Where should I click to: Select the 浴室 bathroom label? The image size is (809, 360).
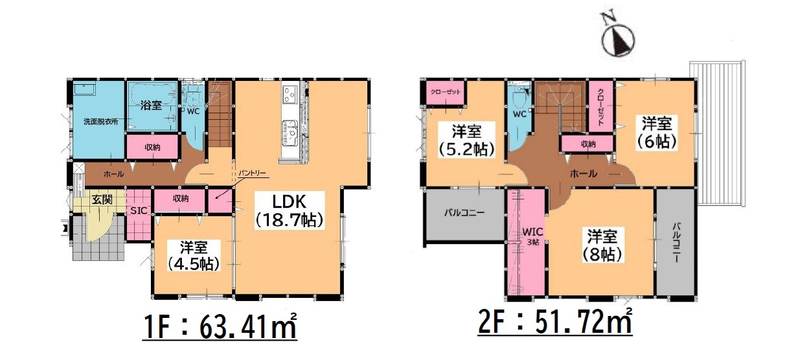151,106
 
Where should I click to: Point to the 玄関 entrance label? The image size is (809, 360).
101,199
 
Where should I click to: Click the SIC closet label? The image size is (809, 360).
138,211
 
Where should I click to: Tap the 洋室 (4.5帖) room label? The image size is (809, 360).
192,255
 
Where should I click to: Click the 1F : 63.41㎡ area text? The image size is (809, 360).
220,327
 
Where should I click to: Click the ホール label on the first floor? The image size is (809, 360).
113,174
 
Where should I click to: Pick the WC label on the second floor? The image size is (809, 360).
518,115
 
